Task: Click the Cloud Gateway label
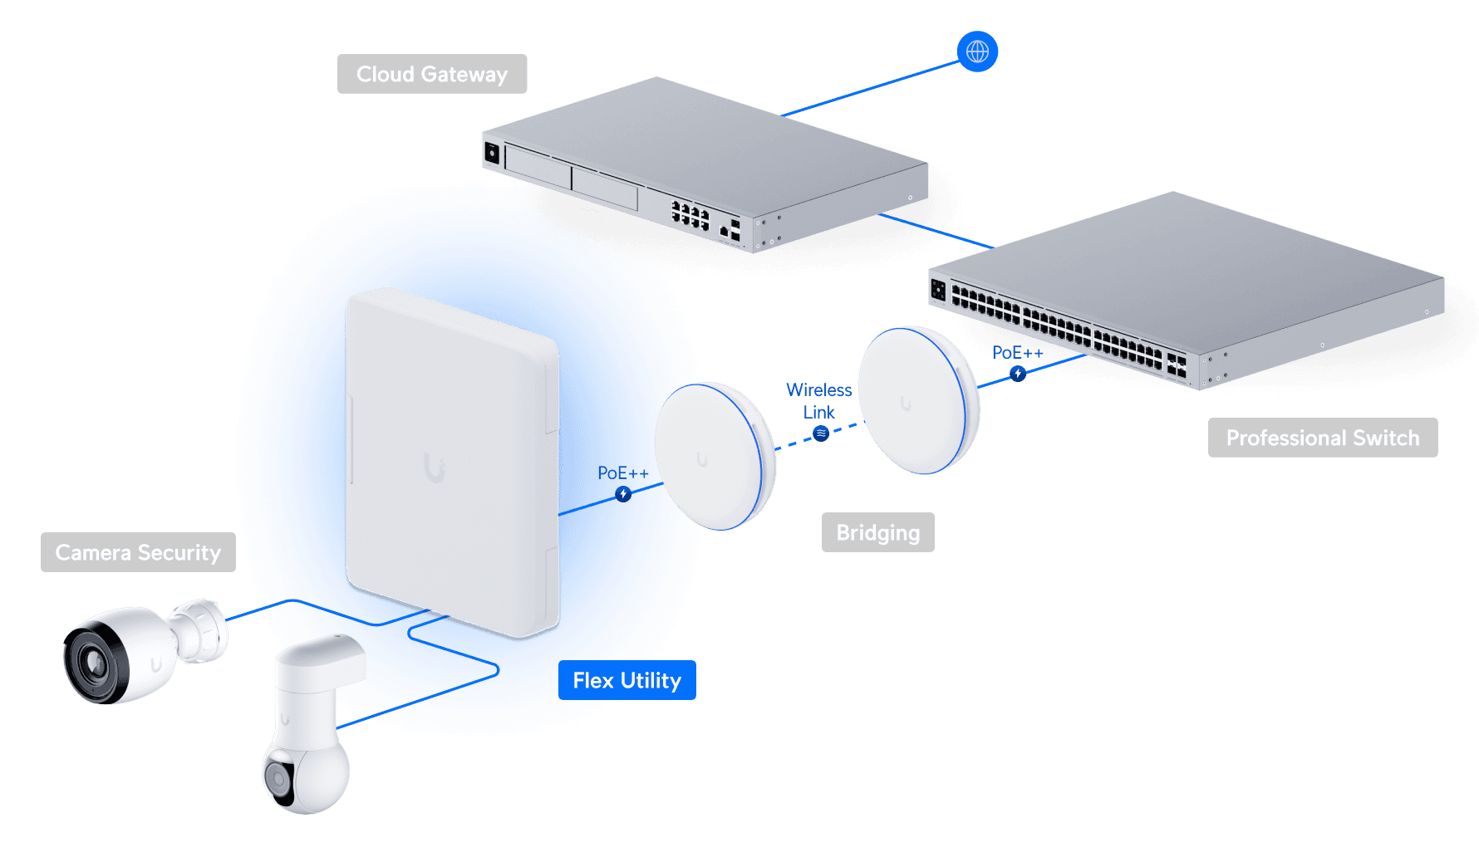[x=432, y=74]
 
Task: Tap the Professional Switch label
[x=1322, y=438]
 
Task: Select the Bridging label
[x=877, y=532]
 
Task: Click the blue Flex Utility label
[x=626, y=680]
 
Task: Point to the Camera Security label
[x=138, y=552]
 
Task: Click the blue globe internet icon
[x=977, y=51]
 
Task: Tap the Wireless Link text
[x=818, y=400]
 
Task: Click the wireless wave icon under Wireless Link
[x=821, y=433]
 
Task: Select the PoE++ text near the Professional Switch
[x=1017, y=353]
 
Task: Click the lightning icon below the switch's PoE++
[x=1018, y=374]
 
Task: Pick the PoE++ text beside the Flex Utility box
[x=622, y=472]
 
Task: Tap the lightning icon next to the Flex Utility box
[x=623, y=494]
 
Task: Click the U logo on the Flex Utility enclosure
[x=434, y=468]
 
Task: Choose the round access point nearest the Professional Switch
[x=918, y=400]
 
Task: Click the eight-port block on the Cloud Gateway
[x=690, y=214]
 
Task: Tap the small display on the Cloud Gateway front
[x=492, y=153]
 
